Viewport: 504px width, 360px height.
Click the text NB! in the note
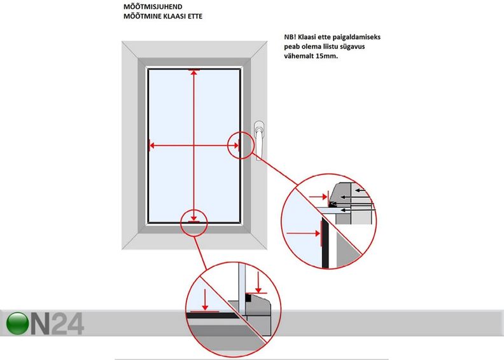tap(291, 38)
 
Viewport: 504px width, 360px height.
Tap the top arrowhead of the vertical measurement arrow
tap(193, 73)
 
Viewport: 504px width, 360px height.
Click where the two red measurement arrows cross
tap(193, 146)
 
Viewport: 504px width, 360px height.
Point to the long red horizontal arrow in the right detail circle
tap(302, 234)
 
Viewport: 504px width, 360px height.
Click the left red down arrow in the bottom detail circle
tap(204, 298)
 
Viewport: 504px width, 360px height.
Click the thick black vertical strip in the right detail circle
tap(324, 245)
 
